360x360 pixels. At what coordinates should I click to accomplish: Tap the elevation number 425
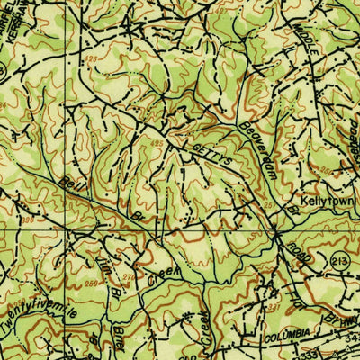coord(158,143)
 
